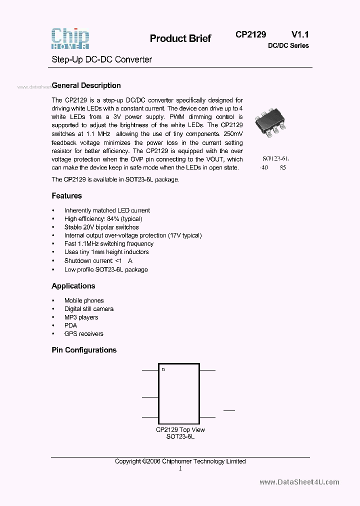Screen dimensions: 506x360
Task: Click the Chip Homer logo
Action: pyautogui.click(x=70, y=38)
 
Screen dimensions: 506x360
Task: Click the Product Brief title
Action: pyautogui.click(x=180, y=38)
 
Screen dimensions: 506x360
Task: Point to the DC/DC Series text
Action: pyautogui.click(x=288, y=45)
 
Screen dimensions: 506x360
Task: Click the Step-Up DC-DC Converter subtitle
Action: pyautogui.click(x=102, y=59)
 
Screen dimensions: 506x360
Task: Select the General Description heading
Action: pyautogui.click(x=86, y=85)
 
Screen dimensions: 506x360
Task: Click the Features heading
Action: pyautogui.click(x=66, y=196)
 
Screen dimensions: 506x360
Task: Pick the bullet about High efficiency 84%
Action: pyautogui.click(x=103, y=219)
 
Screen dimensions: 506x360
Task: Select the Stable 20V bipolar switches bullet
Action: pyautogui.click(x=101, y=227)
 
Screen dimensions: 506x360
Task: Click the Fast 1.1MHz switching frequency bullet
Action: pyautogui.click(x=108, y=244)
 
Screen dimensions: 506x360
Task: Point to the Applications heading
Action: pyautogui.click(x=73, y=286)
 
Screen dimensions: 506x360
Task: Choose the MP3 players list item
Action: pyautogui.click(x=81, y=317)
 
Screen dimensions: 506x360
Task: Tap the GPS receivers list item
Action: pyautogui.click(x=83, y=334)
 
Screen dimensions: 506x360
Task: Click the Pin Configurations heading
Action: pyautogui.click(x=84, y=350)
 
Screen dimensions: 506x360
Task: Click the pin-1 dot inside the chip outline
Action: pyautogui.click(x=163, y=369)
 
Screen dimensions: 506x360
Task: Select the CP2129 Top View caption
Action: pyautogui.click(x=180, y=430)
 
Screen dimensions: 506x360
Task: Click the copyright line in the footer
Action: pyautogui.click(x=180, y=461)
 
